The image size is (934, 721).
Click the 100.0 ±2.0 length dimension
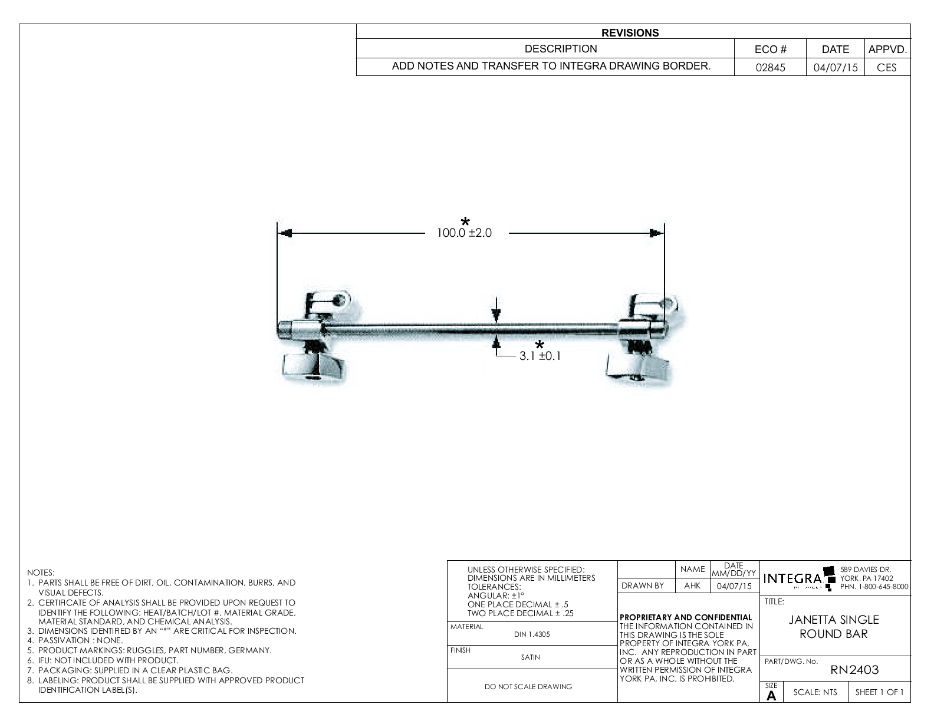[x=464, y=233]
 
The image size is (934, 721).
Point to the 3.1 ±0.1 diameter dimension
[x=540, y=356]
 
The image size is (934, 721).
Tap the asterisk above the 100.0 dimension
[x=465, y=221]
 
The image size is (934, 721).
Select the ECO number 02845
[x=770, y=67]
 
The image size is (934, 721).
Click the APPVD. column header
[x=887, y=49]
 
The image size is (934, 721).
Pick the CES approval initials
[x=886, y=67]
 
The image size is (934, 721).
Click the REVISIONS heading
[x=630, y=33]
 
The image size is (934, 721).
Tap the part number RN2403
[x=854, y=670]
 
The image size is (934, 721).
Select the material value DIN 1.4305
[x=532, y=634]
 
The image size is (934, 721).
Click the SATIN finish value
[x=531, y=657]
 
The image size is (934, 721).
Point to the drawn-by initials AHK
[x=692, y=586]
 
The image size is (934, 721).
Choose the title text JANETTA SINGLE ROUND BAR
[x=834, y=627]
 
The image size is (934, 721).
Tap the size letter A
[x=771, y=696]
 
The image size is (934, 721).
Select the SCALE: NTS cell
[x=815, y=693]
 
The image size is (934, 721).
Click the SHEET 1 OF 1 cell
[x=879, y=693]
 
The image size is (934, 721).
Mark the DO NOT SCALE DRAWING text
[x=528, y=686]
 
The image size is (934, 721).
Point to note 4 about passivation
[x=80, y=640]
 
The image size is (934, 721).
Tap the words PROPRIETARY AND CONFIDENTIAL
[x=686, y=617]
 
